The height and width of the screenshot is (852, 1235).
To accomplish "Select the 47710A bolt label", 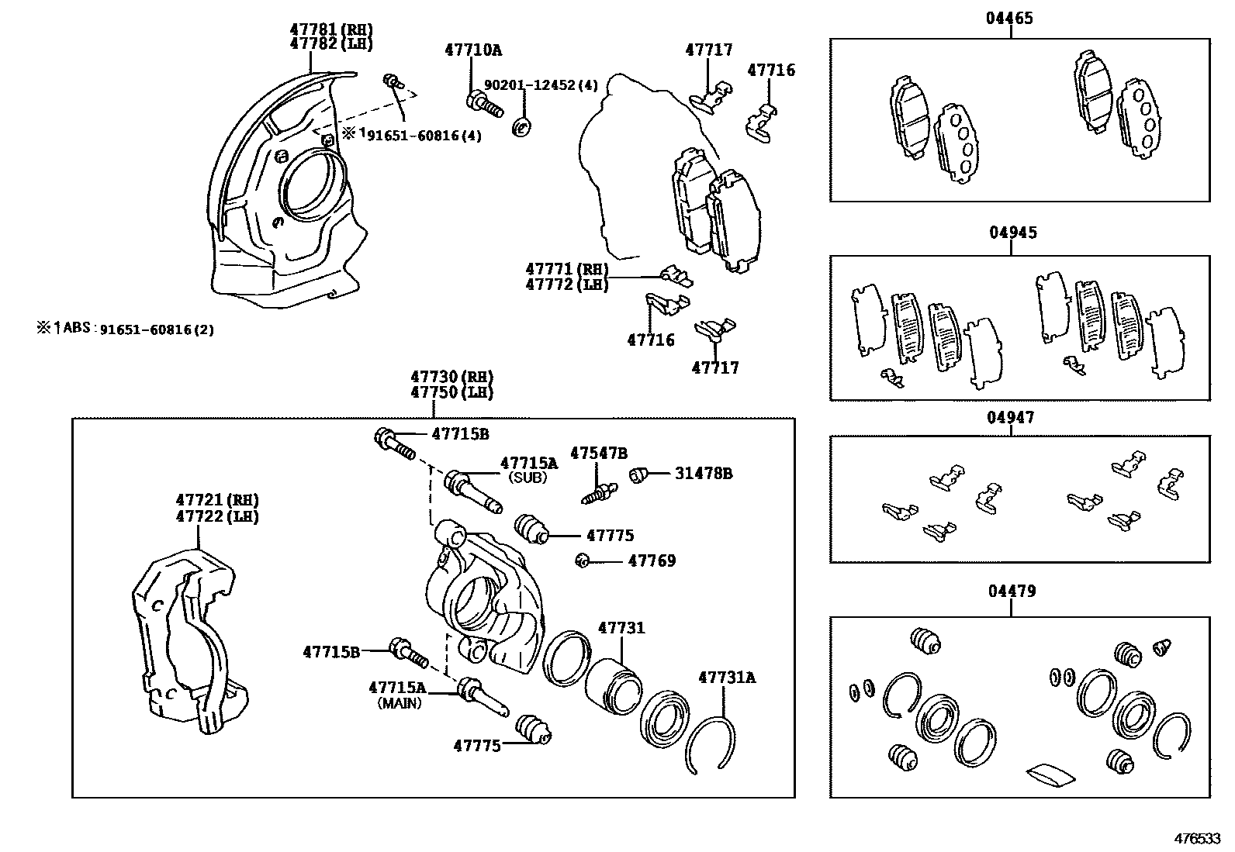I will pyautogui.click(x=472, y=50).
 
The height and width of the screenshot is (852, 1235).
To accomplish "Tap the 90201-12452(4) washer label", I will pyautogui.click(x=541, y=85).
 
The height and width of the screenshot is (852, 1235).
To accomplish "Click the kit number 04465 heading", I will pyautogui.click(x=1009, y=18).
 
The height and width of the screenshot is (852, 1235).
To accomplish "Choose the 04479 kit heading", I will pyautogui.click(x=1011, y=592).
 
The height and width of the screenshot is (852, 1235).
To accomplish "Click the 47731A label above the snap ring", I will pyautogui.click(x=727, y=677).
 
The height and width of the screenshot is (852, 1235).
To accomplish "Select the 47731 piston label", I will pyautogui.click(x=621, y=628).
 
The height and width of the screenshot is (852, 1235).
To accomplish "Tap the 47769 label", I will pyautogui.click(x=652, y=561).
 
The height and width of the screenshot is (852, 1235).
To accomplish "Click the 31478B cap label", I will pyautogui.click(x=703, y=473).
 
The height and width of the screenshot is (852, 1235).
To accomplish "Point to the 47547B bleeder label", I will pyautogui.click(x=599, y=453).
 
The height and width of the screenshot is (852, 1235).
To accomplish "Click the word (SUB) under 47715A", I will pyautogui.click(x=528, y=478).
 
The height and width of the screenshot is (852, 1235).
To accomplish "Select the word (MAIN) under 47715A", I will pyautogui.click(x=400, y=704).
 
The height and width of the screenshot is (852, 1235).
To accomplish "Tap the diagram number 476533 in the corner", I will pyautogui.click(x=1197, y=839).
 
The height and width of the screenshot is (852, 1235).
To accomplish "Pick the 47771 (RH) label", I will pyautogui.click(x=566, y=269).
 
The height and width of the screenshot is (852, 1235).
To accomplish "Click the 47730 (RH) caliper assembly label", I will pyautogui.click(x=451, y=378).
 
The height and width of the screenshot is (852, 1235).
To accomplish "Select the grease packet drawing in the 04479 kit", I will pyautogui.click(x=1050, y=773).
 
